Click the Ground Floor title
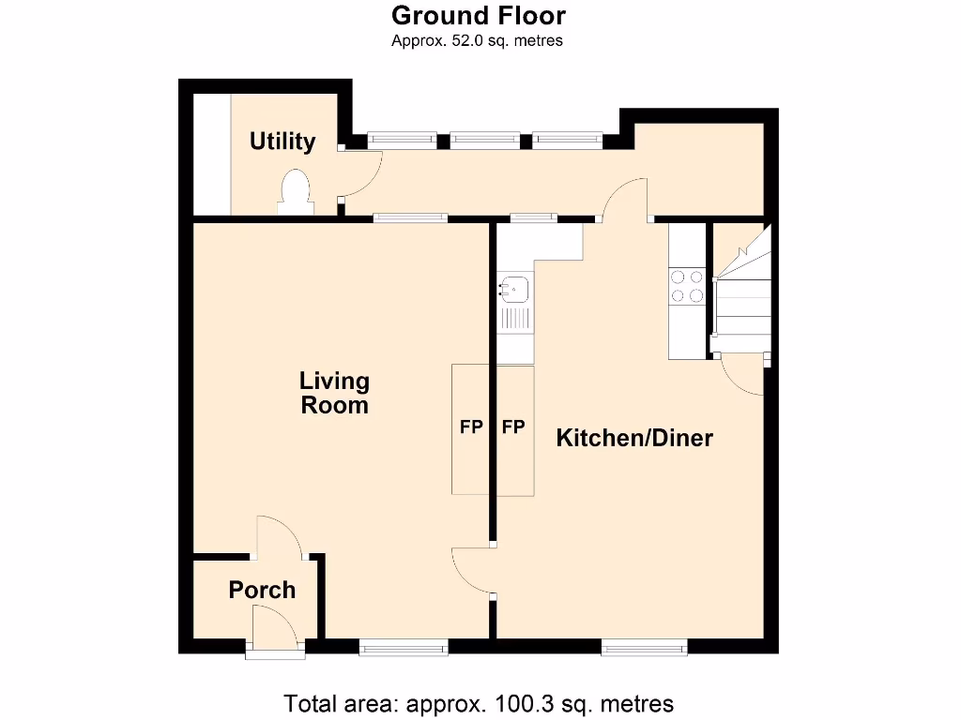coord(478,16)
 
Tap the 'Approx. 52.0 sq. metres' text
coord(478,40)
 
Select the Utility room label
coord(282,142)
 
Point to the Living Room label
coord(334,394)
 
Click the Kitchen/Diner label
coord(634,438)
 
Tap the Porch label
coord(262,590)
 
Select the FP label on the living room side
coord(471,427)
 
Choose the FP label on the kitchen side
coord(512,427)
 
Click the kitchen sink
coord(514,289)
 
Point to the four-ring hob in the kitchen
coord(687,286)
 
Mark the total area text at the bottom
coord(479,703)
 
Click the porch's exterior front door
coord(274,628)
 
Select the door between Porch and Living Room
coord(278,538)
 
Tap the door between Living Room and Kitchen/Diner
coord(473,569)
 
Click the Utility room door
coord(362,172)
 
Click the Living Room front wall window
coord(403,646)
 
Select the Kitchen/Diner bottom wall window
coord(644,646)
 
